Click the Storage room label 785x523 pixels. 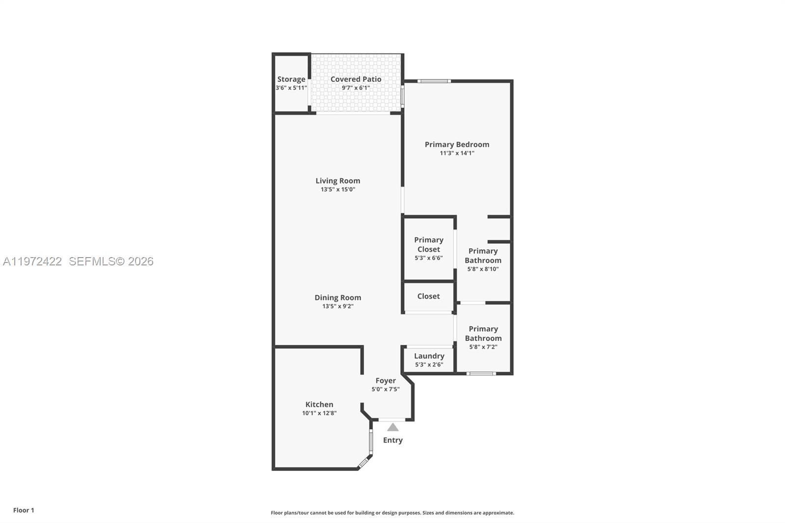tap(291, 79)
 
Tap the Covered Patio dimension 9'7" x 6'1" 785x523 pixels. tap(356, 88)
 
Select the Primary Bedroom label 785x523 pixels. tap(457, 144)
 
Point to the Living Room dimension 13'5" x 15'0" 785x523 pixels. tap(338, 189)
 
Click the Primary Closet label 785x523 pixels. tap(428, 244)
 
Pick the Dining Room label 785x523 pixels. tap(338, 297)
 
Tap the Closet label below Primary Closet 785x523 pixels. tap(428, 296)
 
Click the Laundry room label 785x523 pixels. tap(429, 356)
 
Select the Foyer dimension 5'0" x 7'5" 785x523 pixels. tap(385, 389)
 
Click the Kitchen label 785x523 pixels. tap(319, 404)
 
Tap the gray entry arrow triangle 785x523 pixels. tap(392, 427)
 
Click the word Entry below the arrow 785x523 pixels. tap(392, 440)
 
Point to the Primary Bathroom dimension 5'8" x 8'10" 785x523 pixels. tap(483, 269)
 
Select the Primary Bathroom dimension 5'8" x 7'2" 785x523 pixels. tap(483, 347)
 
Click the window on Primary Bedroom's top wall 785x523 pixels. tap(434, 81)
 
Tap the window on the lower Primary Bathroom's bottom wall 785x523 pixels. tap(481, 374)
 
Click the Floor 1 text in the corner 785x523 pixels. tap(24, 510)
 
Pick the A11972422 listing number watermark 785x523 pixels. tap(32, 261)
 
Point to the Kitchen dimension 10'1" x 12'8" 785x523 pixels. tap(319, 413)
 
